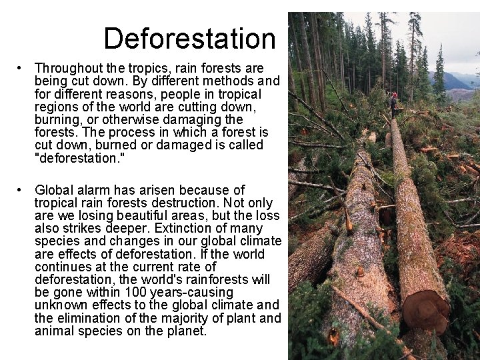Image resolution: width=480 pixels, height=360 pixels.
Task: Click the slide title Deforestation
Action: coord(189,39)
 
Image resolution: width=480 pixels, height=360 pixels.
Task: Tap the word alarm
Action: coord(95,191)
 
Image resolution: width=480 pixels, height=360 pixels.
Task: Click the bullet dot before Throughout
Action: coord(22,69)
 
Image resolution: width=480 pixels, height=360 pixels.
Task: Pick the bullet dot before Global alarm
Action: coord(22,191)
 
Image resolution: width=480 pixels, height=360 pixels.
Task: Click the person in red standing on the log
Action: coord(393,104)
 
